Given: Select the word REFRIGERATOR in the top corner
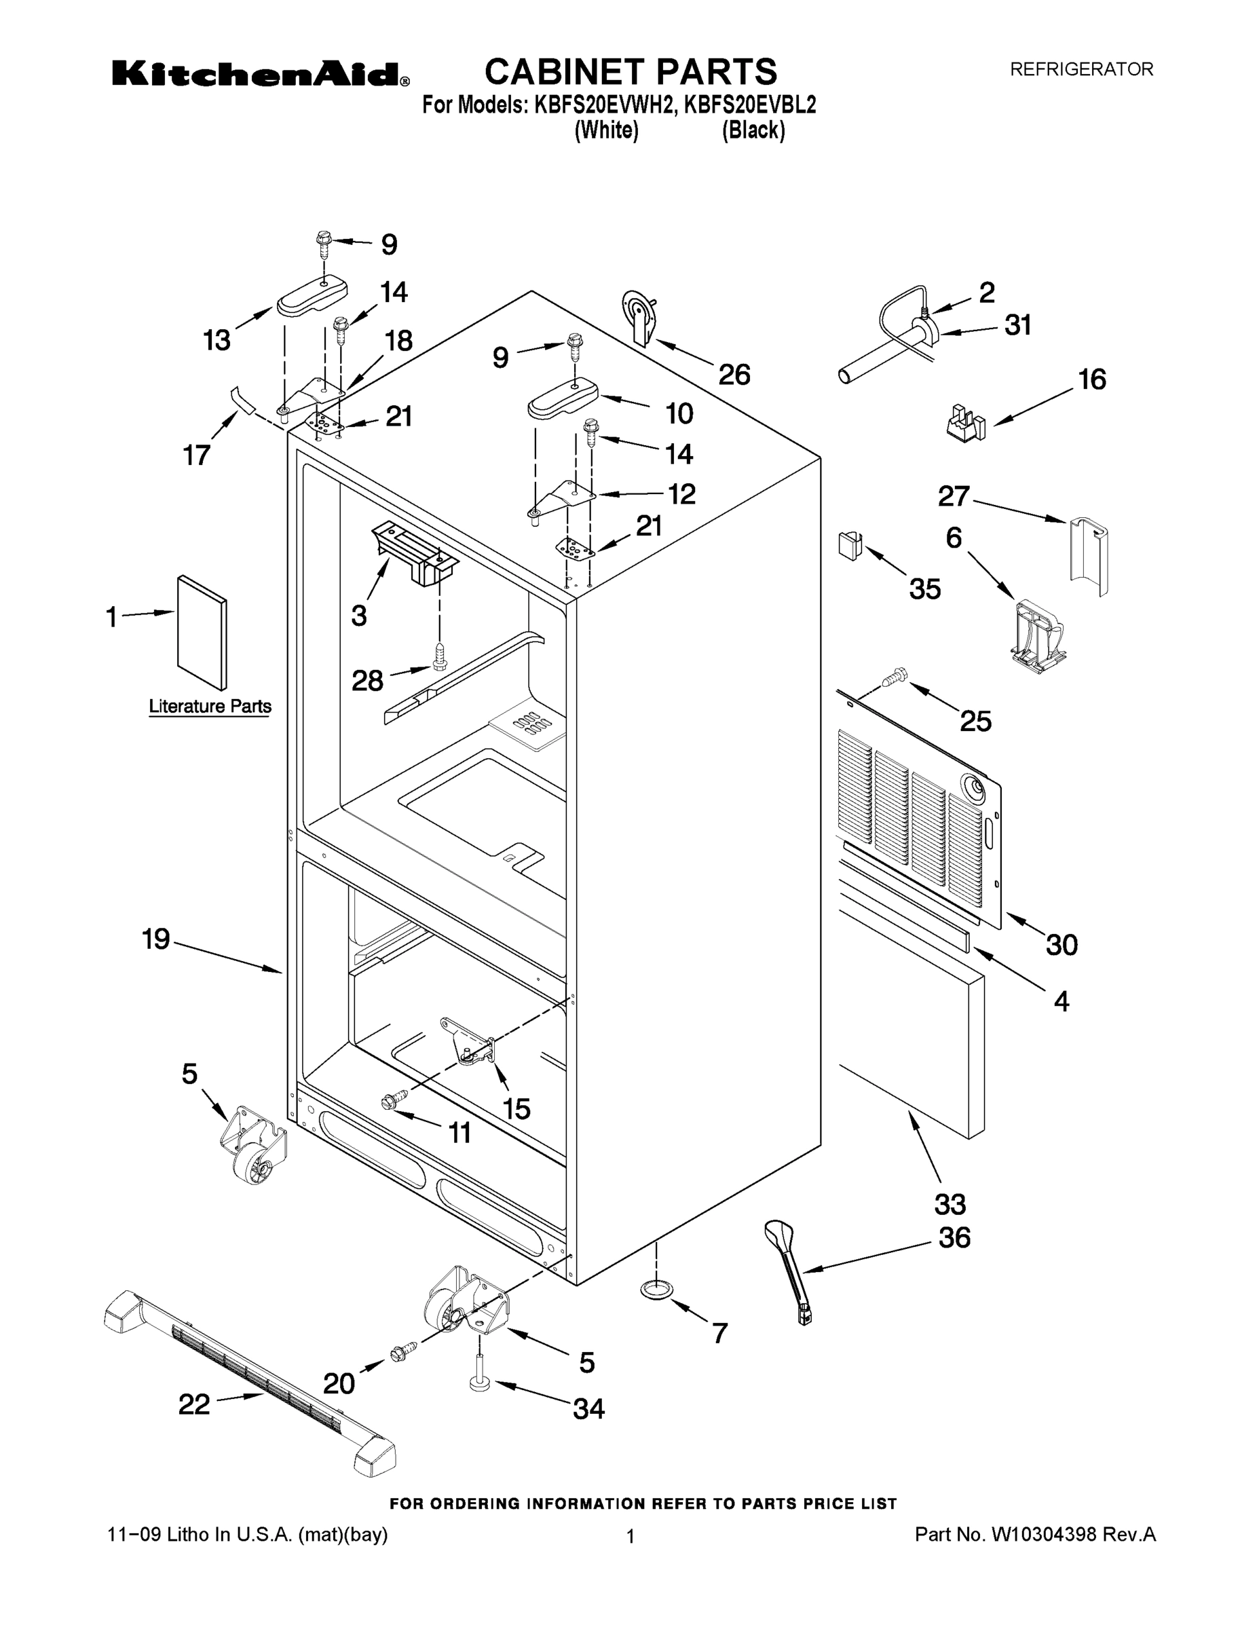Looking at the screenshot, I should pos(1081,69).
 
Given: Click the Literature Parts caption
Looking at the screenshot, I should pos(210,706).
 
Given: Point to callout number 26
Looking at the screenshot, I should pos(733,375).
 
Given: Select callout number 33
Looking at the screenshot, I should pos(950,1204).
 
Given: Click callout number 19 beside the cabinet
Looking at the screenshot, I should pos(157,939).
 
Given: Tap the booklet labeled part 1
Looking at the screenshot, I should pos(202,633).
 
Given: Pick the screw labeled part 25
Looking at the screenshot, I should pos(892,677).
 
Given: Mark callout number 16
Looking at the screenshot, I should pos(1091,379).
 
